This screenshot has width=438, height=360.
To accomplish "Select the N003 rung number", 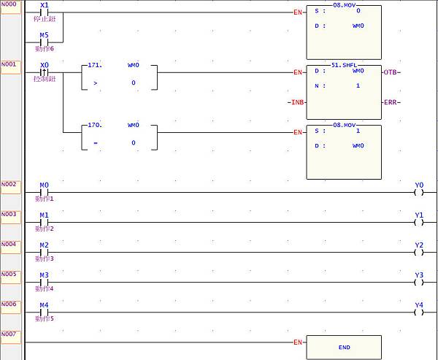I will coord(9,214).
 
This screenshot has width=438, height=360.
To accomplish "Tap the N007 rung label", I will coord(9,334).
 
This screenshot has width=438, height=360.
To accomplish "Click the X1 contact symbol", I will coord(44,12).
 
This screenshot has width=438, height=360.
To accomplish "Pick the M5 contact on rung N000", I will coord(44,42).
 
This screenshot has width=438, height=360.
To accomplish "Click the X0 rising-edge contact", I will coord(44,72).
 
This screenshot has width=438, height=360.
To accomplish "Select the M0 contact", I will coord(44,192).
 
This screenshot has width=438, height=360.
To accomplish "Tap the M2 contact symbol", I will coord(44,252).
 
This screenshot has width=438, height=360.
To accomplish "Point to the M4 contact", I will coord(44,312).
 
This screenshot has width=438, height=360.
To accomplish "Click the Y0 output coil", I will coord(418,192).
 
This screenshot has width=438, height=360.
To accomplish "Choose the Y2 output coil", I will coord(418,252).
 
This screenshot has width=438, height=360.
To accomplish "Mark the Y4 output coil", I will coord(418,312).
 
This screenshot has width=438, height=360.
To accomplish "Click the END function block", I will coord(344,348).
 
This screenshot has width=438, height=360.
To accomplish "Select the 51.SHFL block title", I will coord(344,64).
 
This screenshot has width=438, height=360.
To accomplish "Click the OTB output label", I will coord(392,72).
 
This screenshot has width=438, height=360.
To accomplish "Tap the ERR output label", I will coord(392,102).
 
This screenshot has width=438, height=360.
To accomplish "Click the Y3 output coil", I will coord(418,282).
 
